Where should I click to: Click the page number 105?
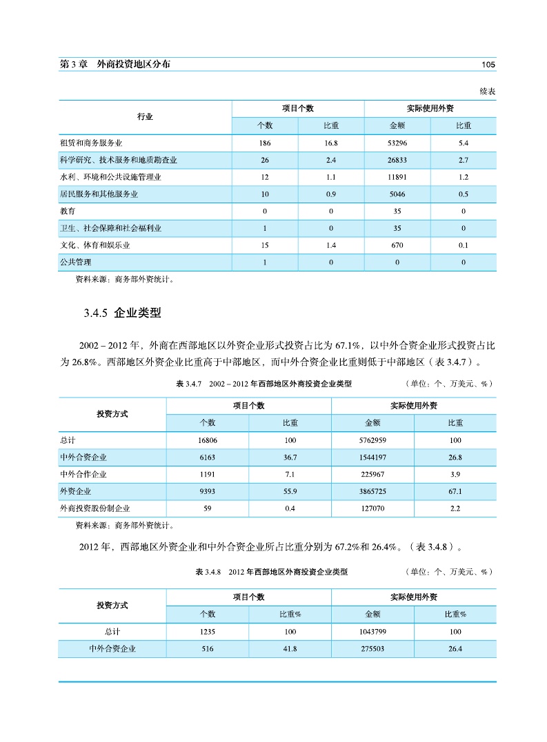(488, 65)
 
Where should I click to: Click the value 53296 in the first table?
(397, 143)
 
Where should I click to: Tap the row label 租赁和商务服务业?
(92, 143)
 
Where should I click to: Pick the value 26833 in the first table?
(397, 161)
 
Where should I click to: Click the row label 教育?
(68, 211)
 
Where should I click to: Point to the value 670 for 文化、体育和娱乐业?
(397, 245)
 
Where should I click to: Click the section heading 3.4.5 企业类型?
(122, 313)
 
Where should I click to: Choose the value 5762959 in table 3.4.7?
(373, 440)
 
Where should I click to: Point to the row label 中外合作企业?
(83, 475)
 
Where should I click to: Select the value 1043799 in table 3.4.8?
(373, 632)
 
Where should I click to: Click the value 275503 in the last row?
(373, 649)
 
